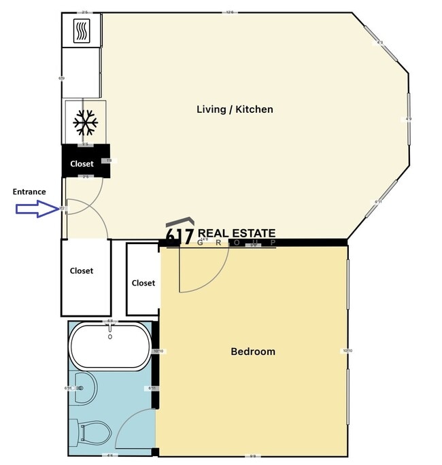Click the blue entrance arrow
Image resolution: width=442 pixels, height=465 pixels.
(38, 209)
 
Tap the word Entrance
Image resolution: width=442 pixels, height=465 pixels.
(29, 192)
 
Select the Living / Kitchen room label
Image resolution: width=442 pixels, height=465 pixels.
(235, 109)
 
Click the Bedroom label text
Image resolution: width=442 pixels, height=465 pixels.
(253, 351)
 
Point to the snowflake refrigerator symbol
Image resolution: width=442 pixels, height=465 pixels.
(86, 122)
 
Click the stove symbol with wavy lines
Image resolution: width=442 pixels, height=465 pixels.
(82, 31)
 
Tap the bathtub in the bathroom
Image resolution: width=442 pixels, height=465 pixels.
(110, 345)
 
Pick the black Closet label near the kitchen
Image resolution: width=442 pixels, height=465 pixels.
(82, 164)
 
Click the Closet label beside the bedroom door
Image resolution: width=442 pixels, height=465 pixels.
(143, 283)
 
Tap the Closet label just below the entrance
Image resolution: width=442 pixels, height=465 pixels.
(82, 271)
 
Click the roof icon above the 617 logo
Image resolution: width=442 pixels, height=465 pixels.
(180, 223)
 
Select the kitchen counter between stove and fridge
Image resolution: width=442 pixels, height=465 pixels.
(82, 73)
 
